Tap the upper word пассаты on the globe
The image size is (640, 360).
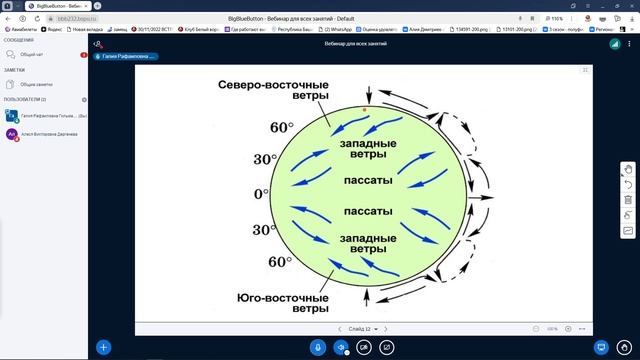pyautogui.click(x=367, y=183)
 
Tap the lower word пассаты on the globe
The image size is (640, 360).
pyautogui.click(x=367, y=213)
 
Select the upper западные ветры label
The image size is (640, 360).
pyautogui.click(x=367, y=149)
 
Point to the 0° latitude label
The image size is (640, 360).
pyautogui.click(x=262, y=193)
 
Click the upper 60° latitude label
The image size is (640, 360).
pyautogui.click(x=283, y=128)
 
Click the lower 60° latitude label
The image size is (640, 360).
pyautogui.click(x=279, y=262)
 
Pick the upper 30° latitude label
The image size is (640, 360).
pyautogui.click(x=265, y=159)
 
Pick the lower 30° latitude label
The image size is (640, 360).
pyautogui.click(x=264, y=230)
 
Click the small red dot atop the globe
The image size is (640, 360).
pyautogui.click(x=365, y=107)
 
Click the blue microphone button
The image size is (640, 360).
pyautogui.click(x=318, y=347)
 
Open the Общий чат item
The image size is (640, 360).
pyautogui.click(x=33, y=55)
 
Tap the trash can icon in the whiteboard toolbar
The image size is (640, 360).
pyautogui.click(x=628, y=199)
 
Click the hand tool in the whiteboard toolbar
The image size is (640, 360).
pyautogui.click(x=628, y=168)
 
